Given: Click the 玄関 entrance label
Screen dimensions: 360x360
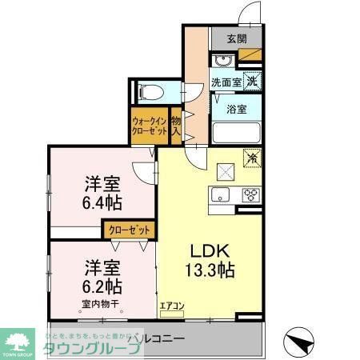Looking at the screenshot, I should [x=236, y=38].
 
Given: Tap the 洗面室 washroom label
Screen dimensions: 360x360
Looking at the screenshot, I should [x=225, y=82].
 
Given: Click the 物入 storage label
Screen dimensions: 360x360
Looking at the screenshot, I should [x=175, y=126].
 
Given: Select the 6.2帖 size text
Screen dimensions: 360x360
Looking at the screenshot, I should [x=100, y=285].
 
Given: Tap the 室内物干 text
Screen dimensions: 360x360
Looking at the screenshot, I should [x=99, y=304].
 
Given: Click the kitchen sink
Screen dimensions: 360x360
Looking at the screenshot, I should [x=219, y=194].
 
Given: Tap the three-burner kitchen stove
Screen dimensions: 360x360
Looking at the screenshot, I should [x=250, y=194].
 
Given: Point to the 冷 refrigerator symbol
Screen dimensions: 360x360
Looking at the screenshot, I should [x=253, y=159].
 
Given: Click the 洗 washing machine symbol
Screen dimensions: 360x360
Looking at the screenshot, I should [x=251, y=80].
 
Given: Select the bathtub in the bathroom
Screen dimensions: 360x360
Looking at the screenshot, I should [x=237, y=132].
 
